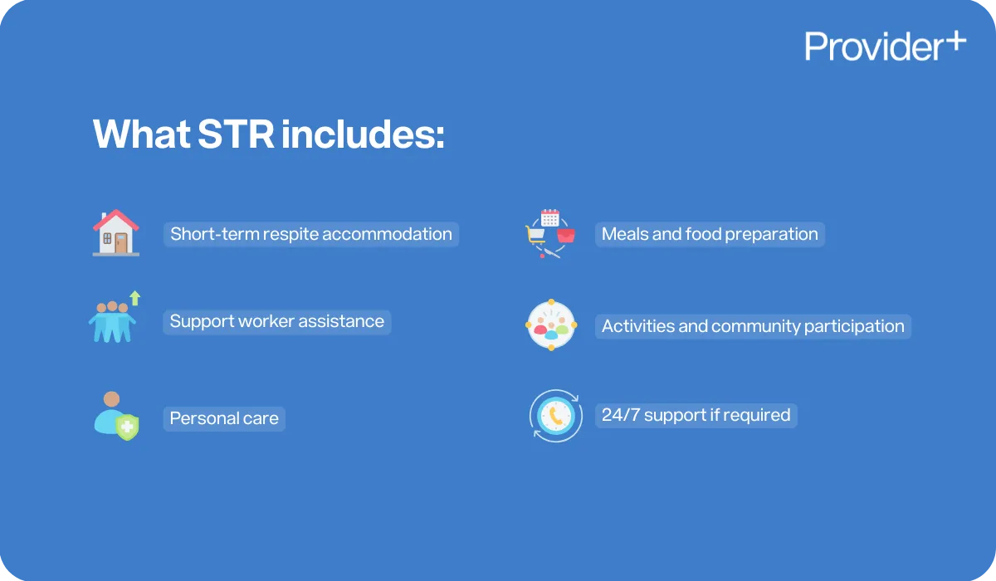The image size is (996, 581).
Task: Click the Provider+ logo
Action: tap(885, 46)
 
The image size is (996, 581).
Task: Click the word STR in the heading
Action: tap(236, 134)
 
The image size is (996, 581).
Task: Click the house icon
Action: tap(116, 232)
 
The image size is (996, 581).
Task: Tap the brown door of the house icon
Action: tap(122, 242)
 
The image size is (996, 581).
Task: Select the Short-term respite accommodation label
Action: tap(311, 234)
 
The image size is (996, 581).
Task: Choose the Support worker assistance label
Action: tap(277, 321)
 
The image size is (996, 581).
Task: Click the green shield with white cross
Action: tap(127, 427)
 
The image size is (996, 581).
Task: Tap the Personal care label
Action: tap(224, 418)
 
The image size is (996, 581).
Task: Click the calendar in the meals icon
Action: tap(549, 218)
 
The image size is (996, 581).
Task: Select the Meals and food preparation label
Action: tap(710, 234)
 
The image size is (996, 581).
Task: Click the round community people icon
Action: tap(551, 325)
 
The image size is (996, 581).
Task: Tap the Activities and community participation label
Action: tap(753, 326)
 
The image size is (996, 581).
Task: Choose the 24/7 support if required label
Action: tap(696, 415)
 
